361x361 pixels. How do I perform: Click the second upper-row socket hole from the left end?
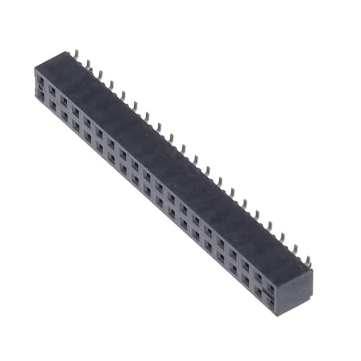tap(52, 90)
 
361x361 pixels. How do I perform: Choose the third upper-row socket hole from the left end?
tap(64, 96)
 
